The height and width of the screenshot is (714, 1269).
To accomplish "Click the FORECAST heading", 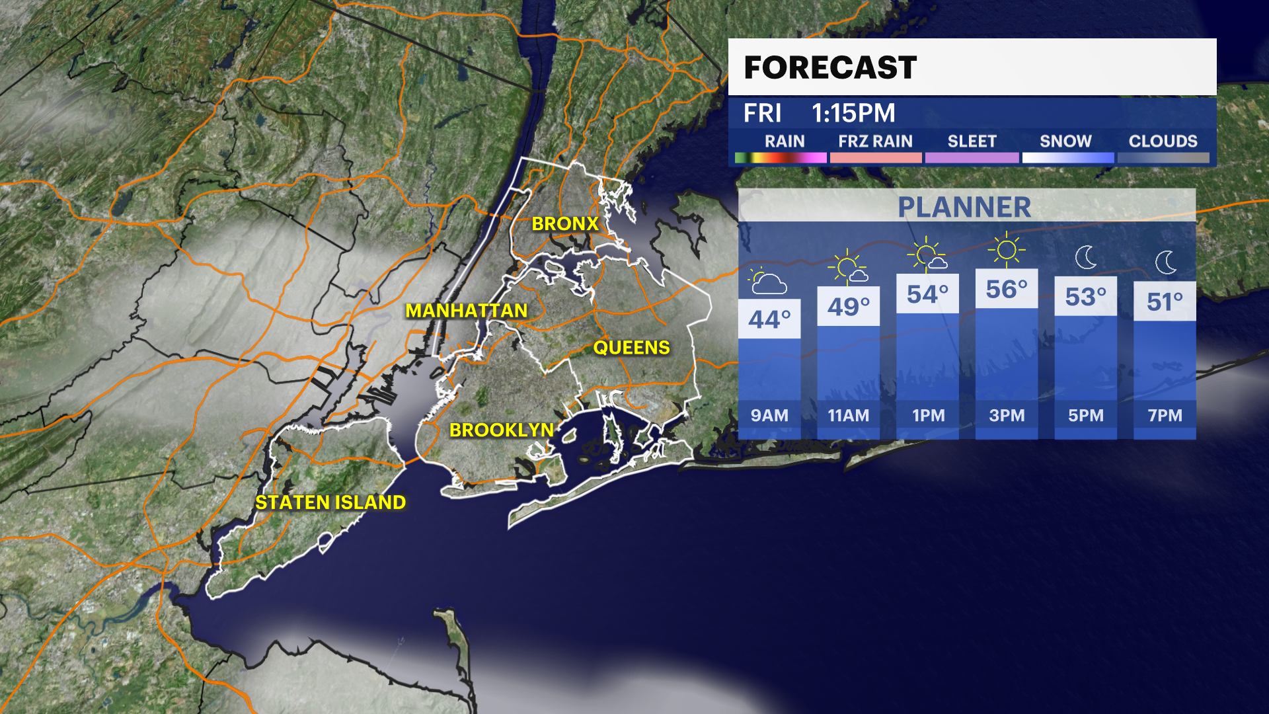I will tap(830, 67).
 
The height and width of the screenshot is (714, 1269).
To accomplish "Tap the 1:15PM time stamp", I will tap(853, 113).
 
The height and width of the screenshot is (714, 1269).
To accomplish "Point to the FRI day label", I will tap(762, 113).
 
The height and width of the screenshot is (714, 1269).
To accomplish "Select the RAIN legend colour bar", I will tap(781, 158).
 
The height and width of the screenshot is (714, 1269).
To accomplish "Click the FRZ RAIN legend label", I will tap(875, 141).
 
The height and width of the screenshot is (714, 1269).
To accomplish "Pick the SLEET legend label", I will tap(972, 141).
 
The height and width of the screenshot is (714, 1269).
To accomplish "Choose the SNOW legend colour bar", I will tap(1067, 158).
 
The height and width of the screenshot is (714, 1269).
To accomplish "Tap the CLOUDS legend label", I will tap(1163, 141).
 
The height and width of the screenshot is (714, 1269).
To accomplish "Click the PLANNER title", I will tap(964, 208).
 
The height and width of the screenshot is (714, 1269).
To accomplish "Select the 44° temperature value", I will tap(769, 320).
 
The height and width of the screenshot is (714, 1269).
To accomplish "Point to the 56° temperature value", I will tap(1007, 290).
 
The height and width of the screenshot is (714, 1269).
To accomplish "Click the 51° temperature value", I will tap(1165, 302).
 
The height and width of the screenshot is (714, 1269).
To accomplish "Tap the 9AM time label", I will tap(769, 416).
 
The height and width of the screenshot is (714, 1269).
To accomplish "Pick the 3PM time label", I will tap(1007, 416).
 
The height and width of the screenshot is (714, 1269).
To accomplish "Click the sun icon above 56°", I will tap(1007, 250).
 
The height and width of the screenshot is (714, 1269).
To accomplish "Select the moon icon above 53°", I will tap(1086, 257).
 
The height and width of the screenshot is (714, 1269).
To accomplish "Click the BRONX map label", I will tap(565, 224).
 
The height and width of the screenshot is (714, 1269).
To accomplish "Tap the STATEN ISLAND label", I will tap(330, 502).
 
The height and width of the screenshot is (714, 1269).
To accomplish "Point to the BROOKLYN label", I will tap(502, 430).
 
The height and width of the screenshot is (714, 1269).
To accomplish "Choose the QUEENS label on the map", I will tap(631, 348).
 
